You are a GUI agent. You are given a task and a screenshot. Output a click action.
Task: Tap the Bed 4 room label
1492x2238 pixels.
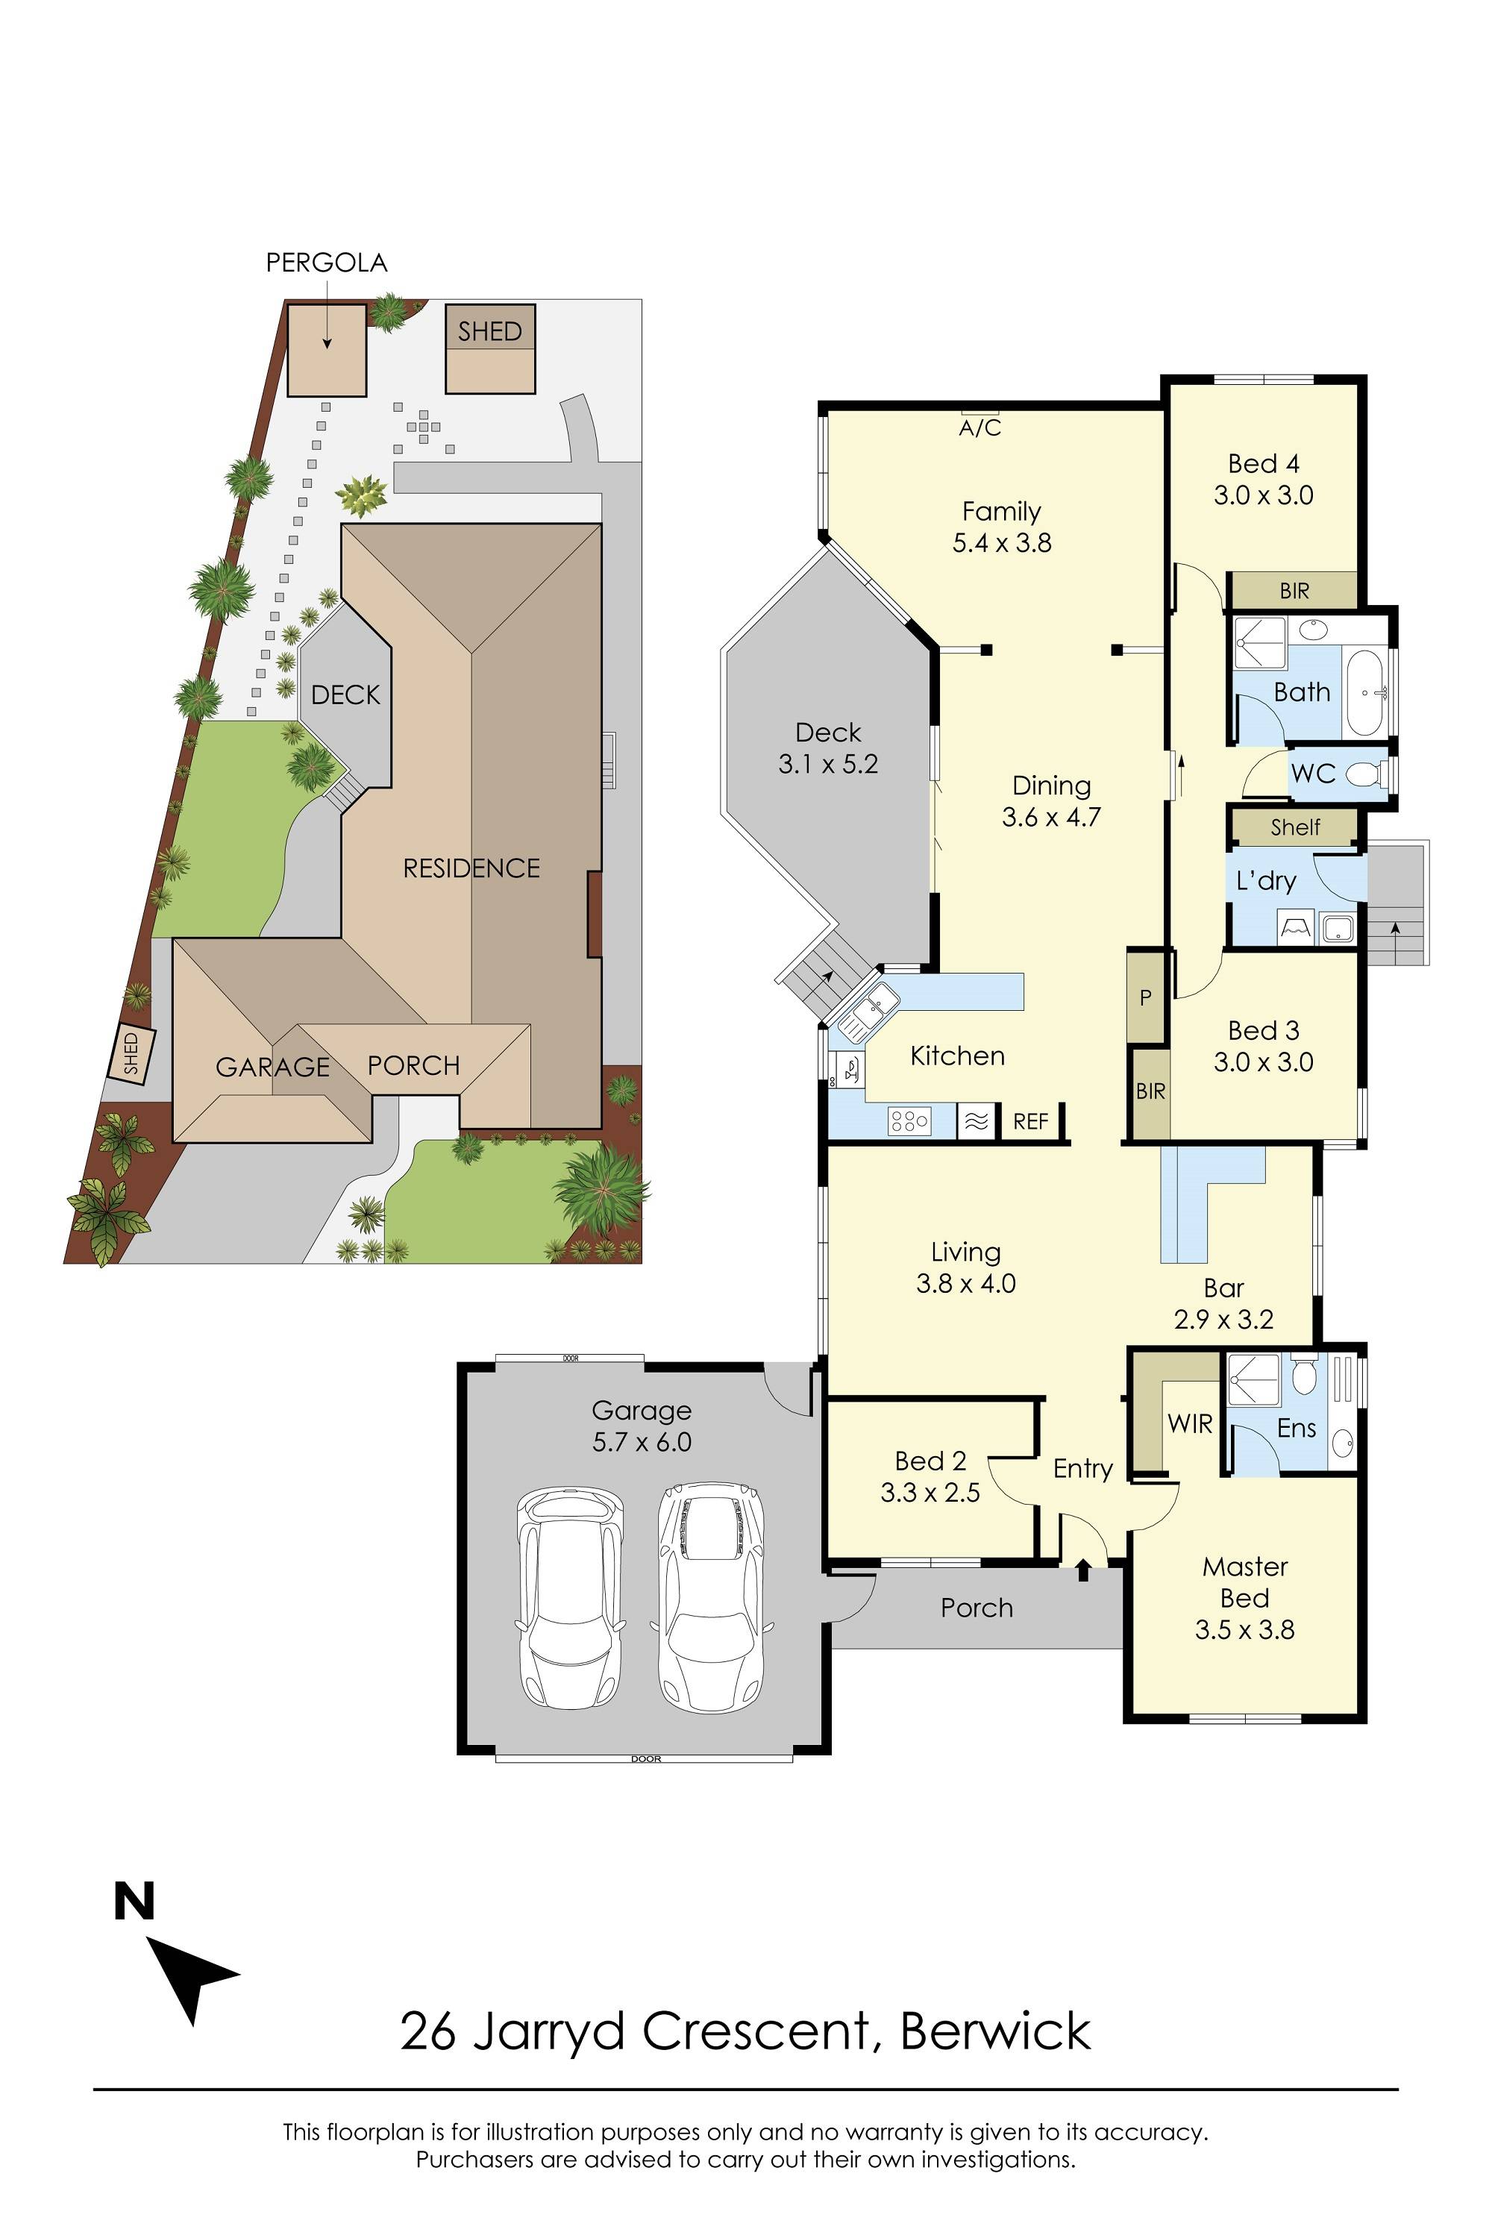(x=1263, y=464)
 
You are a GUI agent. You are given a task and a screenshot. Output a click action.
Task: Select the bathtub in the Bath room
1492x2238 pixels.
(x=1367, y=693)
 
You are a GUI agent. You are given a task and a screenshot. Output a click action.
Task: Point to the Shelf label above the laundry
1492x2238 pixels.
(x=1294, y=827)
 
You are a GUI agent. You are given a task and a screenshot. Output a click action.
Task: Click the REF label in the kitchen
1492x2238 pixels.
(x=1029, y=1121)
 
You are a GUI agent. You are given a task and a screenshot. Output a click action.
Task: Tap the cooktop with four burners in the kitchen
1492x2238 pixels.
(x=909, y=1122)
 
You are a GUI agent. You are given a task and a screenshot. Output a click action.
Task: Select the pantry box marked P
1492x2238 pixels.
(x=1146, y=997)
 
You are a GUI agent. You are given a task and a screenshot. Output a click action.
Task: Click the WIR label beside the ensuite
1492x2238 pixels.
(x=1189, y=1424)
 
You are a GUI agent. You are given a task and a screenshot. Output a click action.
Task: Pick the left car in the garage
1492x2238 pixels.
(x=570, y=1599)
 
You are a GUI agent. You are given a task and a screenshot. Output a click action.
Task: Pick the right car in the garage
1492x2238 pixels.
(x=711, y=1596)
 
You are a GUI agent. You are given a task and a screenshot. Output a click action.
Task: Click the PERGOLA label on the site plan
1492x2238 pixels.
(x=327, y=263)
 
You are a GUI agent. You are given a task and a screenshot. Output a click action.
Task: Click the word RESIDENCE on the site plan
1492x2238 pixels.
(x=471, y=868)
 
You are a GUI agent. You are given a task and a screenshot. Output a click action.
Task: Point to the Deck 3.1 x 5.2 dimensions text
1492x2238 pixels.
(x=828, y=764)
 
